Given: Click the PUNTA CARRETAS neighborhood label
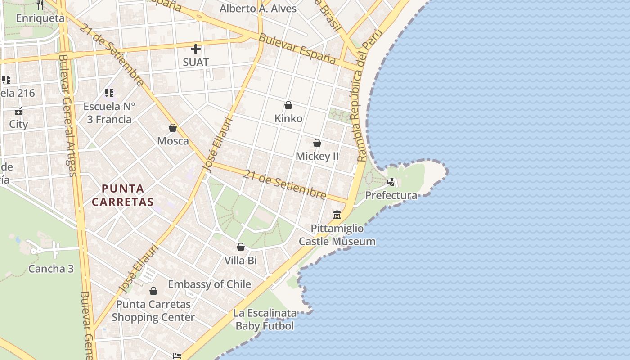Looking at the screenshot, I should pos(123,195).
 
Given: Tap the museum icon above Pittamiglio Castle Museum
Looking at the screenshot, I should pos(337,215).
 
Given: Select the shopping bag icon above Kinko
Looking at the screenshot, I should pos(288,105).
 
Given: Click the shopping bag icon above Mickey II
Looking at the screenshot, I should pos(317,143).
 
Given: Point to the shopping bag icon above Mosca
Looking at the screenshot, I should pos(173,128).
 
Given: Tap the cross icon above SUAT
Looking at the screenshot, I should pos(196,49).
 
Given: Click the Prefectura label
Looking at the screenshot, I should pos(391,195).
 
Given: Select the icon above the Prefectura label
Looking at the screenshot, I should pos(391,182).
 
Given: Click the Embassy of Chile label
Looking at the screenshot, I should pos(209,284).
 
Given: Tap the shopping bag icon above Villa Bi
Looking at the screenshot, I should pos(241,247).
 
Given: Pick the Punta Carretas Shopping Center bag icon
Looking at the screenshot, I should pos(153,291).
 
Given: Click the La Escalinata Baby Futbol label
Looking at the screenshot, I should pos(265,319).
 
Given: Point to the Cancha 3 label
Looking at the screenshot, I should pos(51,269).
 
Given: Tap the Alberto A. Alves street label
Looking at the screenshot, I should pos(258,9).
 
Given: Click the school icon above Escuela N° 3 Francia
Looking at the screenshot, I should pos(109,93).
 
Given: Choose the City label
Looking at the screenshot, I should pos(18,124).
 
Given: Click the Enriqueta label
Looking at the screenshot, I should pos(40,18).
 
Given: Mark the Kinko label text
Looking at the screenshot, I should pos(288,118).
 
